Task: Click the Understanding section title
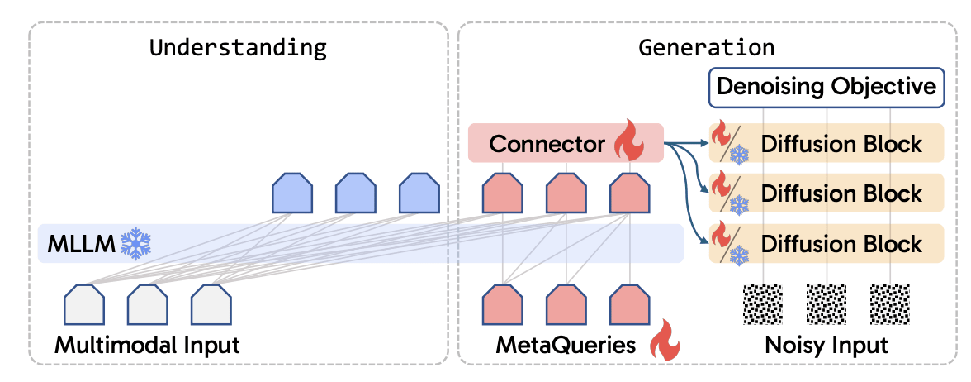[238, 47]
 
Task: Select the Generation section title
[707, 47]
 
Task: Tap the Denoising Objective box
[826, 87]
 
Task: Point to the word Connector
[547, 144]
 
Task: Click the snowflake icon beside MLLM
[135, 242]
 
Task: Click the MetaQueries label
[566, 345]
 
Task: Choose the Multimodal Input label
[147, 345]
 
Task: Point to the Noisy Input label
[826, 345]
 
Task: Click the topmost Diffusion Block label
[841, 144]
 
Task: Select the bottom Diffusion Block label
[841, 244]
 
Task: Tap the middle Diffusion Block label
[841, 193]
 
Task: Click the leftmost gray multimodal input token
[85, 303]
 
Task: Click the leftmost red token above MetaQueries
[502, 303]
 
